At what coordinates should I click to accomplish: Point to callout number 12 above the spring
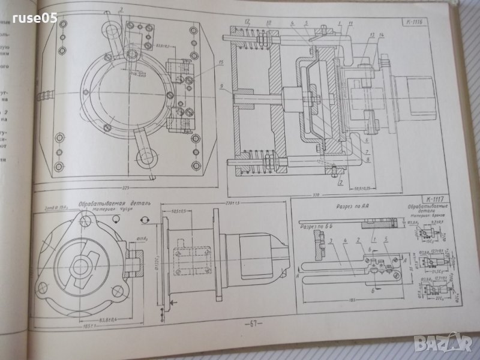(x=247, y=22)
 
